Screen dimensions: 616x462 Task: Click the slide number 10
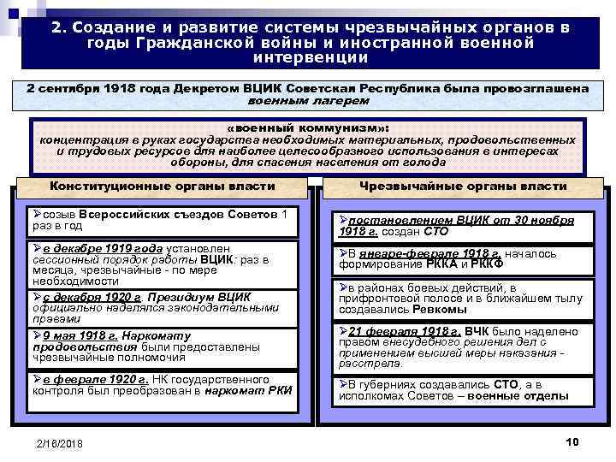[x=572, y=440]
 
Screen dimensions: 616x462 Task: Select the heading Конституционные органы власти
[x=163, y=186]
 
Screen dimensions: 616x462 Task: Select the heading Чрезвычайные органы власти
[x=463, y=186]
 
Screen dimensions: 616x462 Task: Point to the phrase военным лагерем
[x=309, y=100]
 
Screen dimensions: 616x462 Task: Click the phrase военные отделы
[x=521, y=396]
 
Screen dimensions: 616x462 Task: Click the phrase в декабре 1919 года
[x=91, y=247]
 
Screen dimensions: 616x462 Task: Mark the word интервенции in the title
[x=311, y=58]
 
